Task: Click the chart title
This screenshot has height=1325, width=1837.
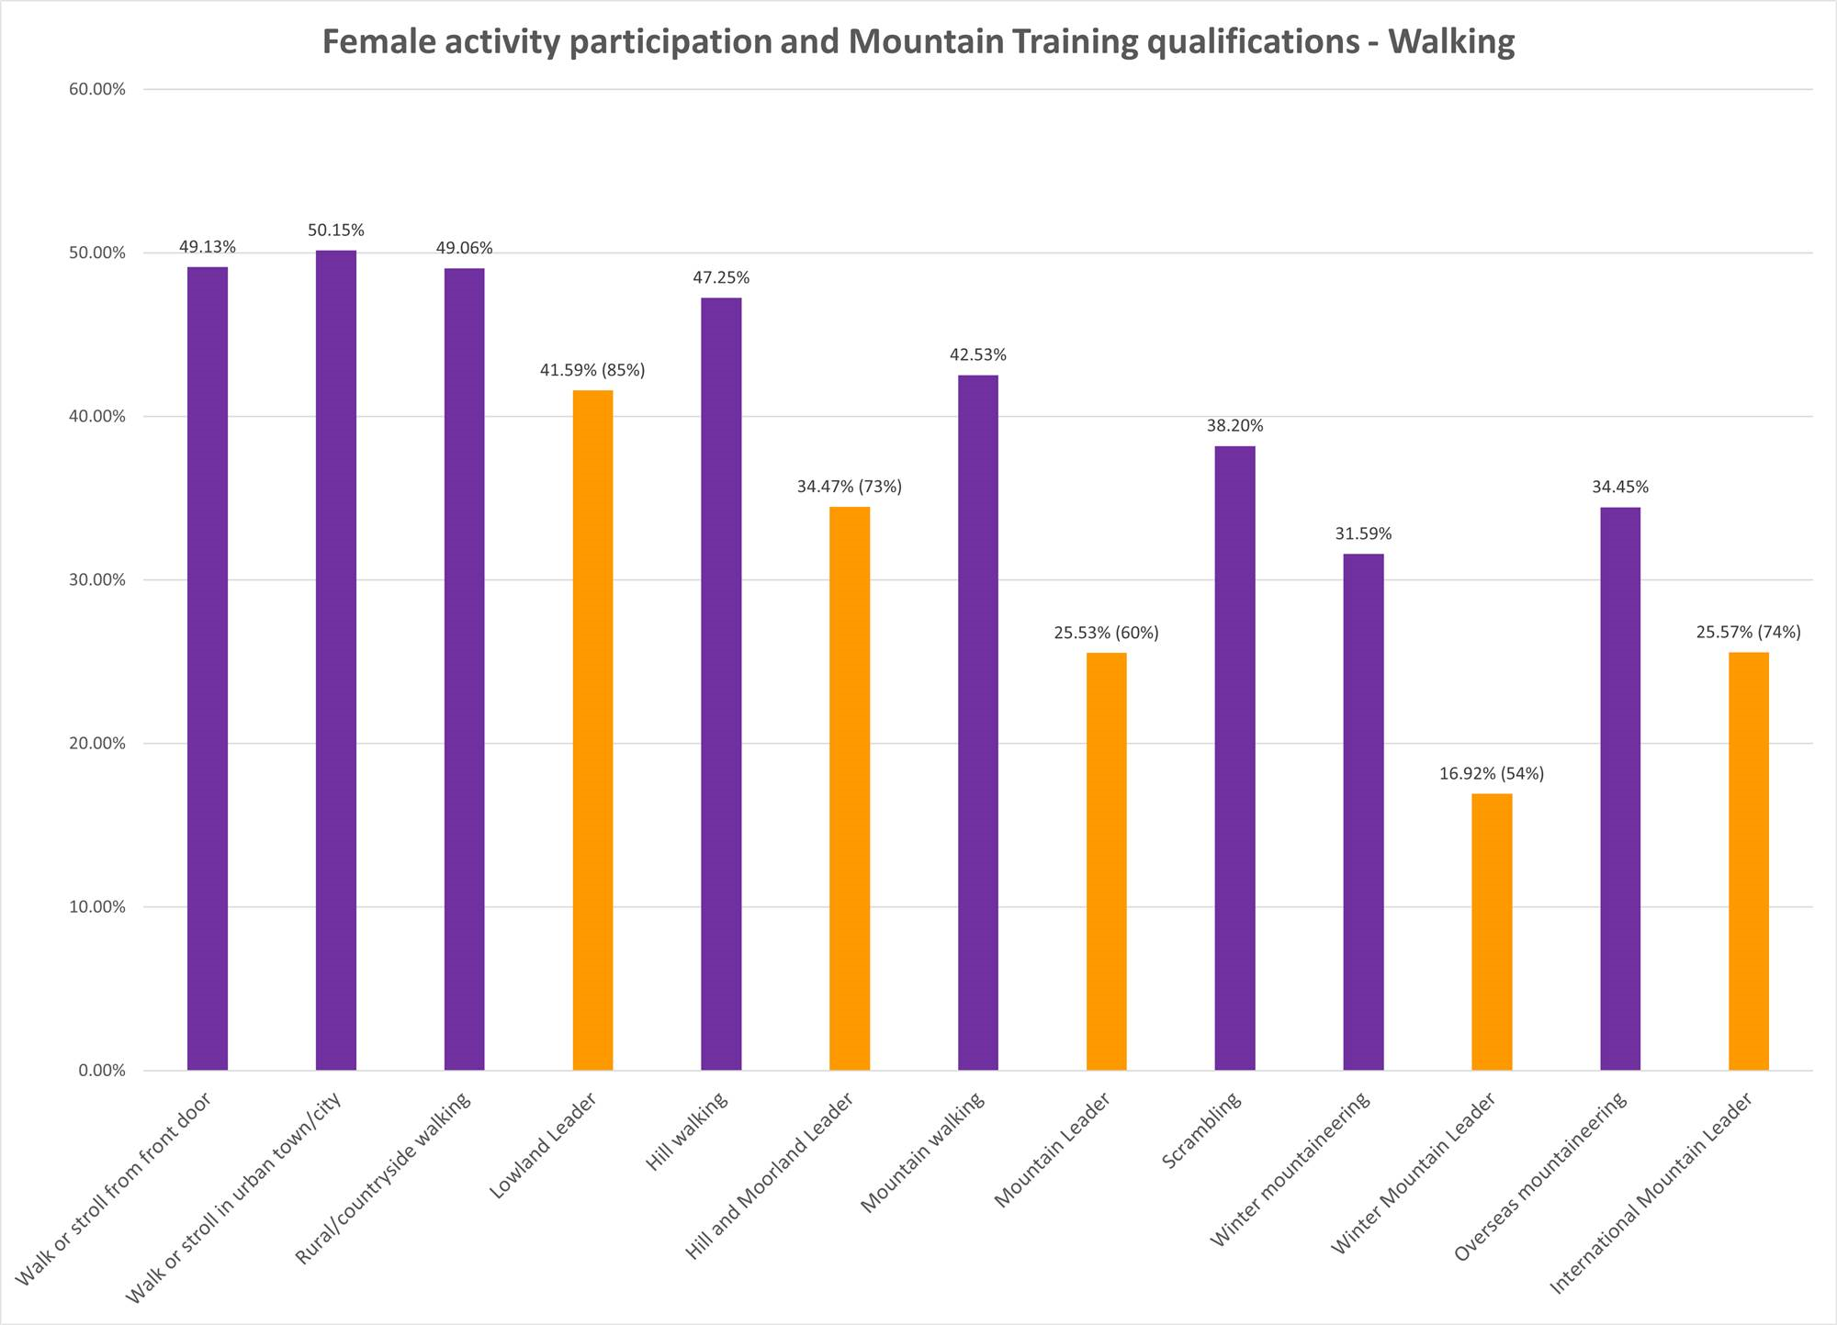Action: coord(918,42)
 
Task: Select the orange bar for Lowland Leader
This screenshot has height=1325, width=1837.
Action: coord(592,730)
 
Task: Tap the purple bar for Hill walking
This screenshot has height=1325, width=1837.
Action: coord(721,684)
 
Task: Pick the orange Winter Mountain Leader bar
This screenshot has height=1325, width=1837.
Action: coord(1492,932)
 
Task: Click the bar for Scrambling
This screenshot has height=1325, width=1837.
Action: coord(1234,758)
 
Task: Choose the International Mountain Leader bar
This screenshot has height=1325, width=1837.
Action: coord(1748,861)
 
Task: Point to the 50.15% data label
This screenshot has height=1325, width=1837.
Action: coord(336,230)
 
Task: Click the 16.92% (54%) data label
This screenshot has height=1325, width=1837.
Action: coord(1492,774)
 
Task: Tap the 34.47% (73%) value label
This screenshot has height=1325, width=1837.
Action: coord(850,487)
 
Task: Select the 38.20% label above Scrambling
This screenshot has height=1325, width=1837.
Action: coord(1234,426)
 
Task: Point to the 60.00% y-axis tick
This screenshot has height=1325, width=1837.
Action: coord(96,90)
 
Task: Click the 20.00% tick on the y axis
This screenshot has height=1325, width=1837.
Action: coord(96,744)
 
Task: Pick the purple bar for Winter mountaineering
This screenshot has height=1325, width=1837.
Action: coord(1363,812)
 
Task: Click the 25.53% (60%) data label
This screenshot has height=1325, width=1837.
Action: coord(1106,634)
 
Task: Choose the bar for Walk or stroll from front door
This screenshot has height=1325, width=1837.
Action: coord(208,668)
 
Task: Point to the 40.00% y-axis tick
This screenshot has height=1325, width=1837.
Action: coord(96,417)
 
